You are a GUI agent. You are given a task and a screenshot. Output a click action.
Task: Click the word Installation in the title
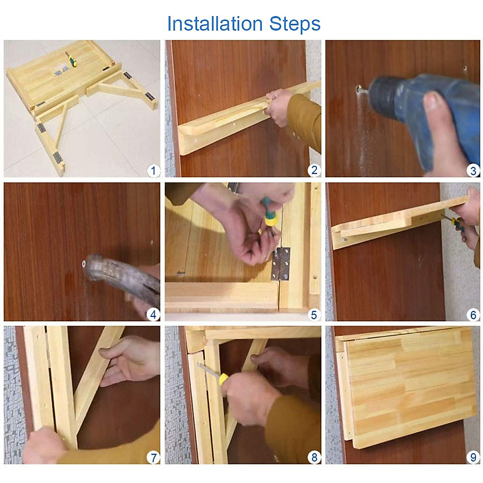coord(215,24)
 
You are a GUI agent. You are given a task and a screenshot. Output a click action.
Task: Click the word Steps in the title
coord(295,24)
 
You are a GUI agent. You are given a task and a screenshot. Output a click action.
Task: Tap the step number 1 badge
coord(153,171)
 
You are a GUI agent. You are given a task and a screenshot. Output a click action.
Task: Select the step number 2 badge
coord(314,170)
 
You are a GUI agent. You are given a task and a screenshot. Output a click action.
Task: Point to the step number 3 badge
coord(473,171)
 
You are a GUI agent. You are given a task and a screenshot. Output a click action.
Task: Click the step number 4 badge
coord(153,315)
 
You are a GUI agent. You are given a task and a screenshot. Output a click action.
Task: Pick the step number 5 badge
coord(314,315)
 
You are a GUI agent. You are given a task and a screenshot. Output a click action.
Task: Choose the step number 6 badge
coord(473,315)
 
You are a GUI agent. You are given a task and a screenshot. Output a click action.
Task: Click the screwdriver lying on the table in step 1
coord(71,59)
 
